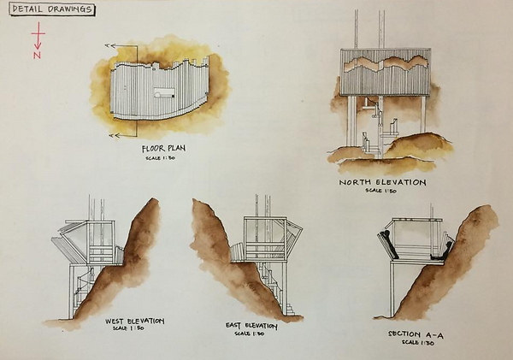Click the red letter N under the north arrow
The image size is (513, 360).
coord(38,56)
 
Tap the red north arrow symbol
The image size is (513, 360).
coord(38,36)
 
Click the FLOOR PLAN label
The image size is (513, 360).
coord(163,149)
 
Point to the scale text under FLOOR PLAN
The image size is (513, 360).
coord(163,158)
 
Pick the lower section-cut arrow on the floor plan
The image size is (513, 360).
coord(110,135)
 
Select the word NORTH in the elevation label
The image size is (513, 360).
coord(358,182)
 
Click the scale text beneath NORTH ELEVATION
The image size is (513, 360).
coord(382,191)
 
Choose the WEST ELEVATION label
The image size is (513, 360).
coord(134,322)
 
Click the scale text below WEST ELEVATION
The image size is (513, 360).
coord(135,330)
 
